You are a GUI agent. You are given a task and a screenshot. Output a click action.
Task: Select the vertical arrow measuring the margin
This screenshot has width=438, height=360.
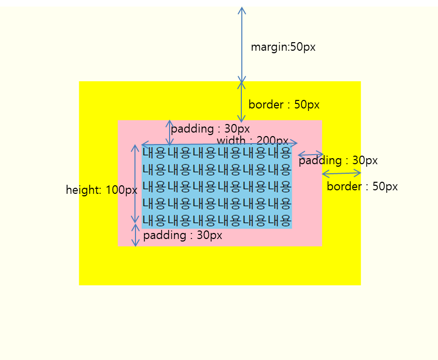[x=242, y=45]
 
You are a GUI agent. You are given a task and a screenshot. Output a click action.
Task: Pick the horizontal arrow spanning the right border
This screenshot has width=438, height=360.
[x=341, y=174]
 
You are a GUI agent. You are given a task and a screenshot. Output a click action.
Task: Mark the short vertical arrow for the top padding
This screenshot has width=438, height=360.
[x=170, y=133]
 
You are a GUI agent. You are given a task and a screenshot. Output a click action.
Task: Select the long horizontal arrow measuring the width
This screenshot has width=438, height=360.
[x=219, y=144]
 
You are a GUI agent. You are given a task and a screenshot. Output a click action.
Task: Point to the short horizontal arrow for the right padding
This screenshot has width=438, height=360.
[x=311, y=155]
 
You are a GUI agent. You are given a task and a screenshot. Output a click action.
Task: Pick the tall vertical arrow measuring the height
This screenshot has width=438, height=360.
[x=134, y=184]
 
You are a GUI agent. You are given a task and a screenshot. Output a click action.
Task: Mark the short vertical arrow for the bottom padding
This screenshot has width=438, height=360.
[x=134, y=235]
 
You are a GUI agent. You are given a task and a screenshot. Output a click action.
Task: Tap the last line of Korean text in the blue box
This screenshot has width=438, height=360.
[x=216, y=220]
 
